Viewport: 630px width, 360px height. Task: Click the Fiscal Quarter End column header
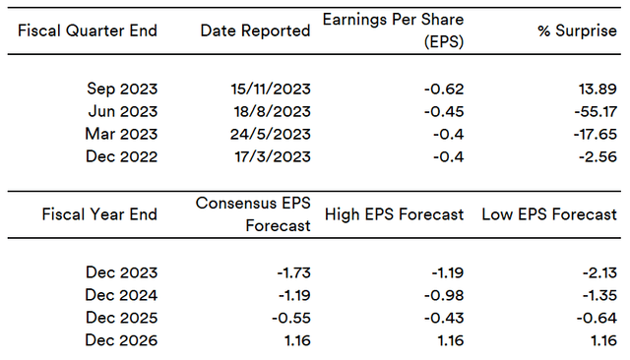tap(88, 30)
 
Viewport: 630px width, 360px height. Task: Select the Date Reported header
tap(256, 30)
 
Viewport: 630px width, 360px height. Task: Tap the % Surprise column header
tap(578, 30)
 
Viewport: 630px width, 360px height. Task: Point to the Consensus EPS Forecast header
tap(253, 214)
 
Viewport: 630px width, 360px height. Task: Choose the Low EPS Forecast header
tap(549, 214)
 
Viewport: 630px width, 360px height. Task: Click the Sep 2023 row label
tap(122, 89)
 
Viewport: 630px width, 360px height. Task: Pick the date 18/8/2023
tap(273, 111)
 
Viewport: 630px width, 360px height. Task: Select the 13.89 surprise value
tap(598, 89)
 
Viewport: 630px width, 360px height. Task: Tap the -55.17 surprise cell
tap(596, 111)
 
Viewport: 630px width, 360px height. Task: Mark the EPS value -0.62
tap(444, 89)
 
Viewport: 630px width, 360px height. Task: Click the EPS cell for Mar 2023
tap(449, 134)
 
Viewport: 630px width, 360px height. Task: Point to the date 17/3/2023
tap(273, 156)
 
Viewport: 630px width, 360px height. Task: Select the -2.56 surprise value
tap(598, 156)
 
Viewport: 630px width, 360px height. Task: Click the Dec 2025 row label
tap(121, 318)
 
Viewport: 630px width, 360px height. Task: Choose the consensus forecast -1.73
tap(293, 272)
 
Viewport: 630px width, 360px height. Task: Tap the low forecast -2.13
tap(599, 272)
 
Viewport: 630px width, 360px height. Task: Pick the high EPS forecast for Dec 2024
tap(444, 295)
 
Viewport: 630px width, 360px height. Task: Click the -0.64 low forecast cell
tap(597, 318)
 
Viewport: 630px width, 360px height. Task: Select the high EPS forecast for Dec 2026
tap(451, 340)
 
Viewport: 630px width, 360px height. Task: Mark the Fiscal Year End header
tap(99, 214)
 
